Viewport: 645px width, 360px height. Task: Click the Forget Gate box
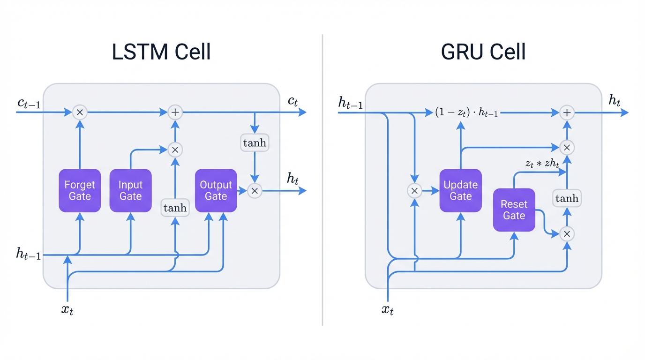[x=80, y=191]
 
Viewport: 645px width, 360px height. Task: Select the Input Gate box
[x=130, y=191]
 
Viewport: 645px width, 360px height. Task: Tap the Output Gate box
[x=216, y=191]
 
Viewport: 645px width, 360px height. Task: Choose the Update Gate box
[x=460, y=191]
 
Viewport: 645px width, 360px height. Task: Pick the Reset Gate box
[x=514, y=210]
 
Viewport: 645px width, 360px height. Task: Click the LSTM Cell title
[x=161, y=52]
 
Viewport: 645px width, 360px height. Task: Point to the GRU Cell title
[x=483, y=52]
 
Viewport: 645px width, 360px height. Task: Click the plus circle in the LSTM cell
[x=175, y=112]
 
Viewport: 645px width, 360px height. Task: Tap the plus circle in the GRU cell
[x=567, y=112]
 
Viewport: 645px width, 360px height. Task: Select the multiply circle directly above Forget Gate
[x=80, y=112]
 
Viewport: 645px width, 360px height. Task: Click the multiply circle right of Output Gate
[x=255, y=191]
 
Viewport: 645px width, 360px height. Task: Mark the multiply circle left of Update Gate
[x=414, y=191]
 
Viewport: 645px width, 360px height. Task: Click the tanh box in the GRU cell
[x=567, y=199]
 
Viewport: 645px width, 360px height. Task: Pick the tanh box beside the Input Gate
[x=175, y=208]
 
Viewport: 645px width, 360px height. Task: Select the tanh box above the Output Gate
[x=255, y=143]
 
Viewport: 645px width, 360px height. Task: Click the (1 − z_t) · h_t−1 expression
[x=466, y=112]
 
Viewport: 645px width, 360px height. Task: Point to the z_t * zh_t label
[x=542, y=163]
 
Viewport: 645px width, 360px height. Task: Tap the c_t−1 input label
[x=29, y=103]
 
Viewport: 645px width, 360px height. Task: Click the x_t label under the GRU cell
[x=388, y=309]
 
